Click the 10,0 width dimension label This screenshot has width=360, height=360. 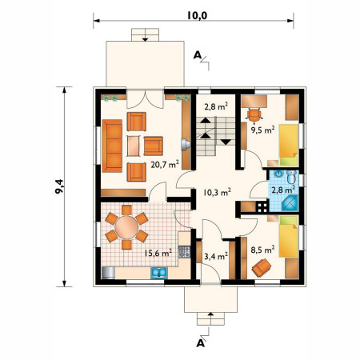197,15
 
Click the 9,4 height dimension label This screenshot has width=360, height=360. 60,186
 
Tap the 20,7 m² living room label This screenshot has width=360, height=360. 165,165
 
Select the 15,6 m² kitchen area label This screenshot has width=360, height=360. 158,253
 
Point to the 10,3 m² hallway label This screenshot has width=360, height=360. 217,192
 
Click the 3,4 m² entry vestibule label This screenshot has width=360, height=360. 216,256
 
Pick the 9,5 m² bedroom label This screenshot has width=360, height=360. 262,130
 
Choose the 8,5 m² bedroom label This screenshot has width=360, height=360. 262,250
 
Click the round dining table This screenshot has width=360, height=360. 126,227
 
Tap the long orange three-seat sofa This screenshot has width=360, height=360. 112,146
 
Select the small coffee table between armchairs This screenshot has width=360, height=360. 133,146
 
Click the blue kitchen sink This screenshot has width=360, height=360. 159,273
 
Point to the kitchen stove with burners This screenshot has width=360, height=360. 184,252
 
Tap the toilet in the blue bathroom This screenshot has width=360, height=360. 292,177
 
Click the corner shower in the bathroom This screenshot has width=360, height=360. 290,203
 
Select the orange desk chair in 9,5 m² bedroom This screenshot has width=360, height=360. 254,115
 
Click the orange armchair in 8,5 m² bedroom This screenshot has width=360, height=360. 262,268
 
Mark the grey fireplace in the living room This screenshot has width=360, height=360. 186,145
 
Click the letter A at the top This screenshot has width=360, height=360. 197,55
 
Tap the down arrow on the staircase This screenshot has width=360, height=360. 226,142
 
